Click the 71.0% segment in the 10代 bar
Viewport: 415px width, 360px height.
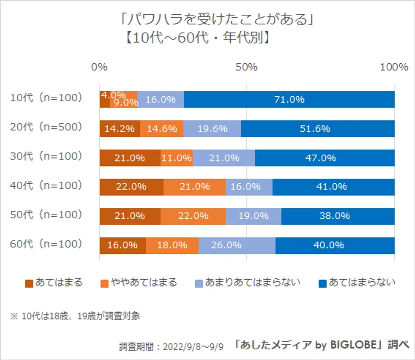pos(289,99)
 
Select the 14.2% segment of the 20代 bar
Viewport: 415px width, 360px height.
pos(120,128)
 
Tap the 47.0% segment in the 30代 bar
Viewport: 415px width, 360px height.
pos(325,158)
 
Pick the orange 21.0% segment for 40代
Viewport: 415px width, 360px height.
pos(194,187)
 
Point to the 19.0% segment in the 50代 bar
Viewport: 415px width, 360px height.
pos(253,216)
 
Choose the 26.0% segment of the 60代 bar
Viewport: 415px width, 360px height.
pos(237,245)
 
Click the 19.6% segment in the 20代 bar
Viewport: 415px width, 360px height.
pos(212,128)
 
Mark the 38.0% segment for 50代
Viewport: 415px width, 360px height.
pos(338,216)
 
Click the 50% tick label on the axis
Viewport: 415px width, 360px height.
pos(247,67)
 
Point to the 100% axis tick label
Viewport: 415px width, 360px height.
pos(394,67)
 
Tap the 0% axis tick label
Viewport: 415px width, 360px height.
pos(100,67)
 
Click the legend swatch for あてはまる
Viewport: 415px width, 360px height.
pos(29,283)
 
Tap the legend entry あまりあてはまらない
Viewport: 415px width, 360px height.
pos(248,283)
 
